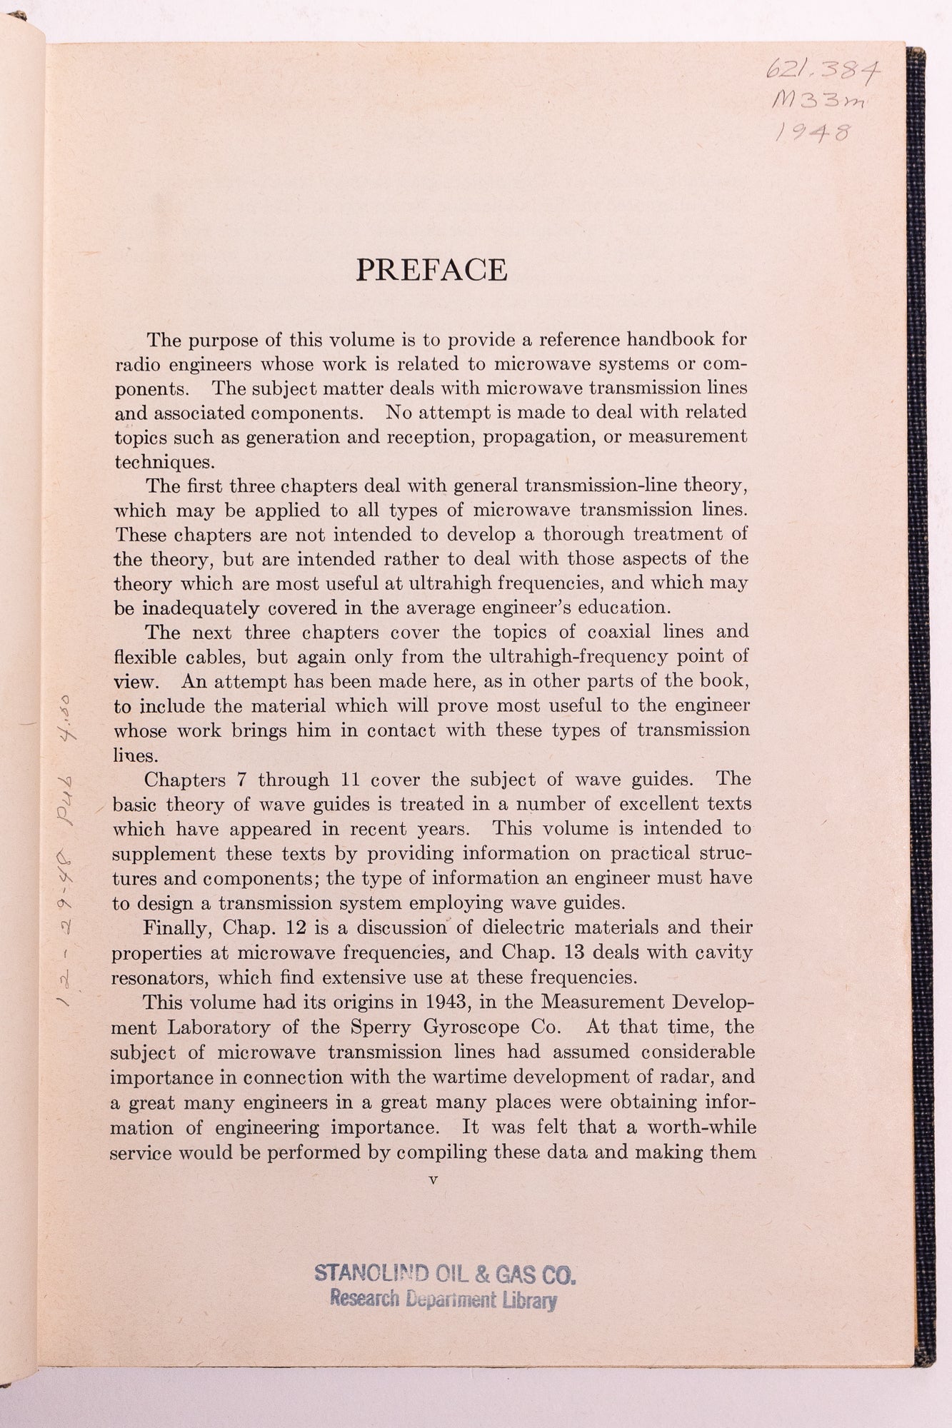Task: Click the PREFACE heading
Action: pyautogui.click(x=431, y=270)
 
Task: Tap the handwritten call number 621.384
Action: pyautogui.click(x=822, y=70)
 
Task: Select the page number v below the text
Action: pyautogui.click(x=432, y=1180)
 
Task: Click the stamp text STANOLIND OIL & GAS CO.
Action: pyautogui.click(x=445, y=1273)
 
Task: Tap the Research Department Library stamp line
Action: pyautogui.click(x=443, y=1299)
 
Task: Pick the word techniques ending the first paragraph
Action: pyautogui.click(x=154, y=461)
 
